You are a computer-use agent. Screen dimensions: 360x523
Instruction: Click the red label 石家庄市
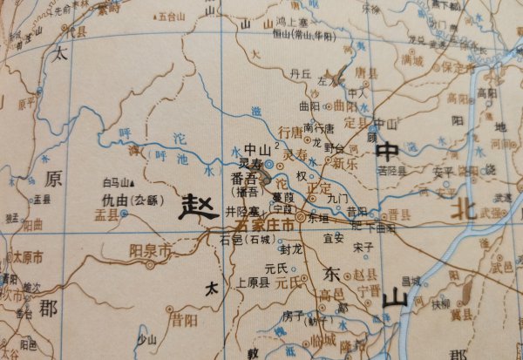pos(259,223)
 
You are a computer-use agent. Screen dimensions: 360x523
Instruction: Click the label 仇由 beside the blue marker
pos(115,200)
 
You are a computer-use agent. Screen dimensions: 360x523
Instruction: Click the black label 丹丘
pos(301,75)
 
